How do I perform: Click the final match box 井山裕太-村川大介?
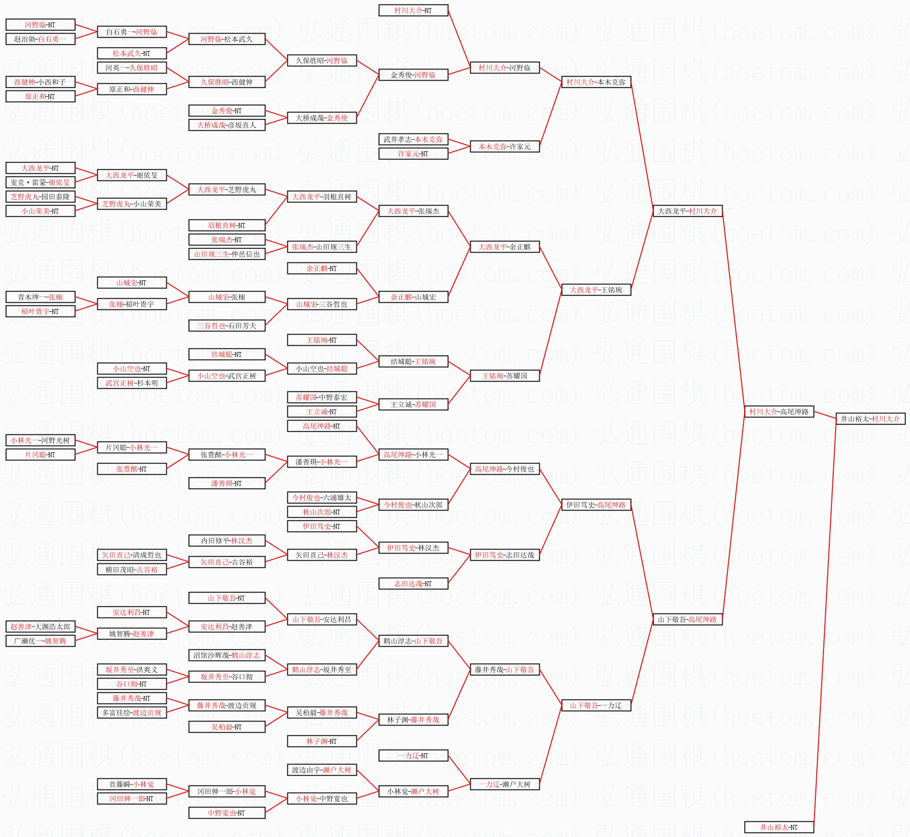pyautogui.click(x=870, y=419)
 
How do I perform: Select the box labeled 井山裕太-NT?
pyautogui.click(x=779, y=827)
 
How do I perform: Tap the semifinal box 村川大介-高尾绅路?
pyautogui.click(x=779, y=412)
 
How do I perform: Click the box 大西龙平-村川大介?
pyautogui.click(x=687, y=211)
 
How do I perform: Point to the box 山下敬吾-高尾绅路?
pyautogui.click(x=687, y=619)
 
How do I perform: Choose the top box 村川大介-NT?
pyautogui.click(x=413, y=10)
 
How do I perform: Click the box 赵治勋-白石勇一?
pyautogui.click(x=40, y=39)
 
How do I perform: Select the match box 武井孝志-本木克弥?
pyautogui.click(x=413, y=140)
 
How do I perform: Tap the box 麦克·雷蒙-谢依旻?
pyautogui.click(x=40, y=183)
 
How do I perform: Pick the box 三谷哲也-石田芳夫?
pyautogui.click(x=227, y=326)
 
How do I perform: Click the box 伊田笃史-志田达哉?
pyautogui.click(x=505, y=555)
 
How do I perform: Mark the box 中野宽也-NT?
pyautogui.click(x=227, y=813)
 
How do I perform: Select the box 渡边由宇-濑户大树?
pyautogui.click(x=322, y=770)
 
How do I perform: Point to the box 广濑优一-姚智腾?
pyautogui.click(x=40, y=641)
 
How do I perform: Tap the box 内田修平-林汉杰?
pyautogui.click(x=227, y=541)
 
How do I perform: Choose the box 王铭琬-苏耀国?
pyautogui.click(x=505, y=376)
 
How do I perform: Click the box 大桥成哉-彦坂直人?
pyautogui.click(x=227, y=125)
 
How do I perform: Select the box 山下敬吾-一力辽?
pyautogui.click(x=596, y=705)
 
